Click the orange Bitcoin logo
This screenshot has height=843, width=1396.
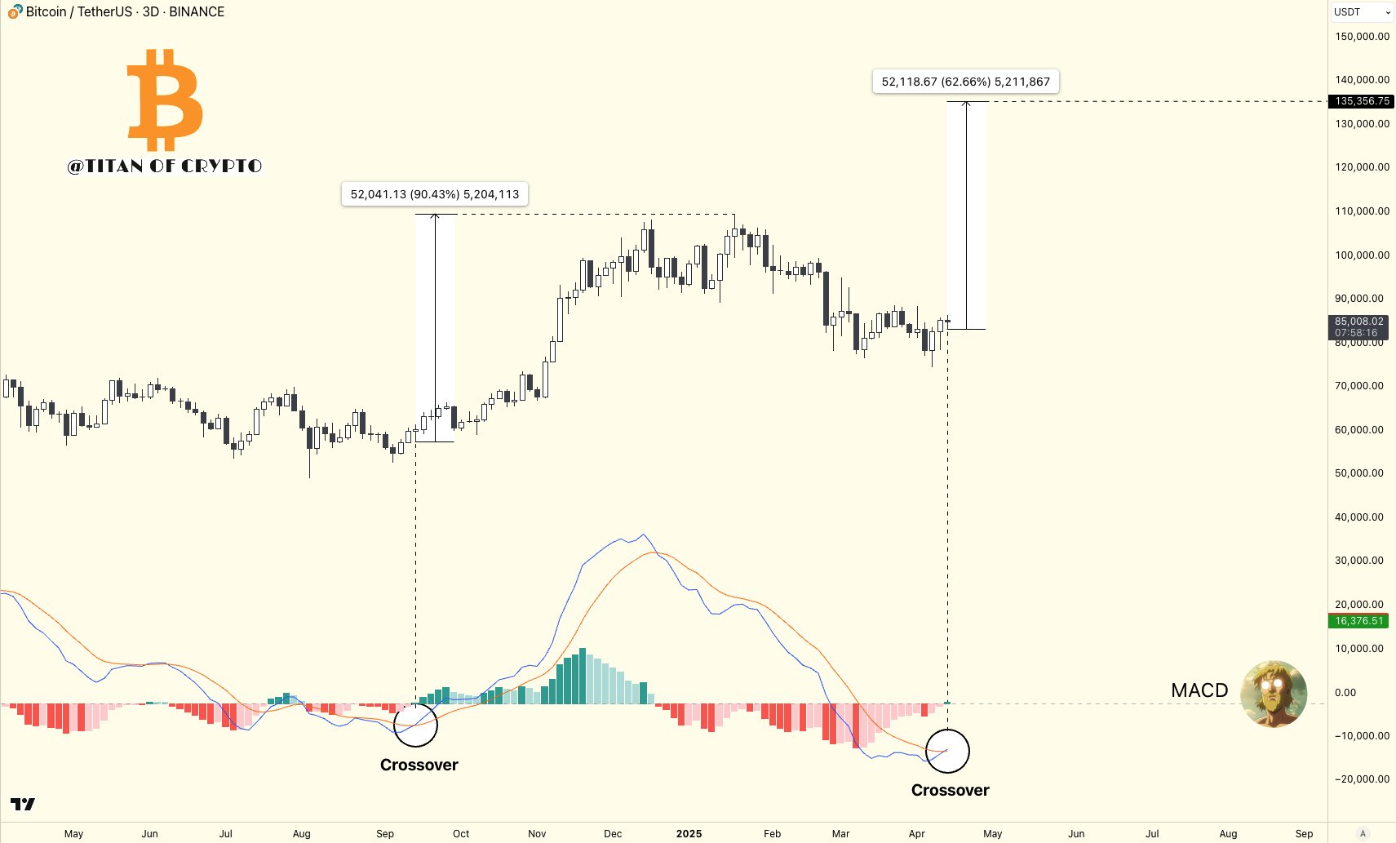point(165,100)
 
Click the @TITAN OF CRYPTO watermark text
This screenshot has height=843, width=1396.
point(165,166)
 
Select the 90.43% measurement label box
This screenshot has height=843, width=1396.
point(434,194)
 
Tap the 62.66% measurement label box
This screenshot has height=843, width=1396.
point(965,82)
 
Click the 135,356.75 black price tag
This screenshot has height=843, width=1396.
point(1362,101)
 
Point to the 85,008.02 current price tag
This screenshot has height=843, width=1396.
point(1358,326)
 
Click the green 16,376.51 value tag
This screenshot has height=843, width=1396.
point(1358,621)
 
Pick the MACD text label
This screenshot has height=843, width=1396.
point(1199,690)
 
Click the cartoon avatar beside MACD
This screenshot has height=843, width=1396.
point(1273,694)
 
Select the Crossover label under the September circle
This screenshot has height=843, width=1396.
point(419,765)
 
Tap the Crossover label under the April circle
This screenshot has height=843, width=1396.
point(950,790)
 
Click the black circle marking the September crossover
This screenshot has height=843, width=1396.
point(415,725)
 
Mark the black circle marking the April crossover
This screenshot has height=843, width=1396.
point(947,751)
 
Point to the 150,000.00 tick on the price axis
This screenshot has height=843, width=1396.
point(1362,37)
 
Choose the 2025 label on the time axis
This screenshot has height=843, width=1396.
point(689,833)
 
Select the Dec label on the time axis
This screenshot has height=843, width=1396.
point(613,833)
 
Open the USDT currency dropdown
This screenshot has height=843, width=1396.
point(1362,12)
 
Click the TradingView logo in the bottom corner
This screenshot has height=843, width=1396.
point(23,805)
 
